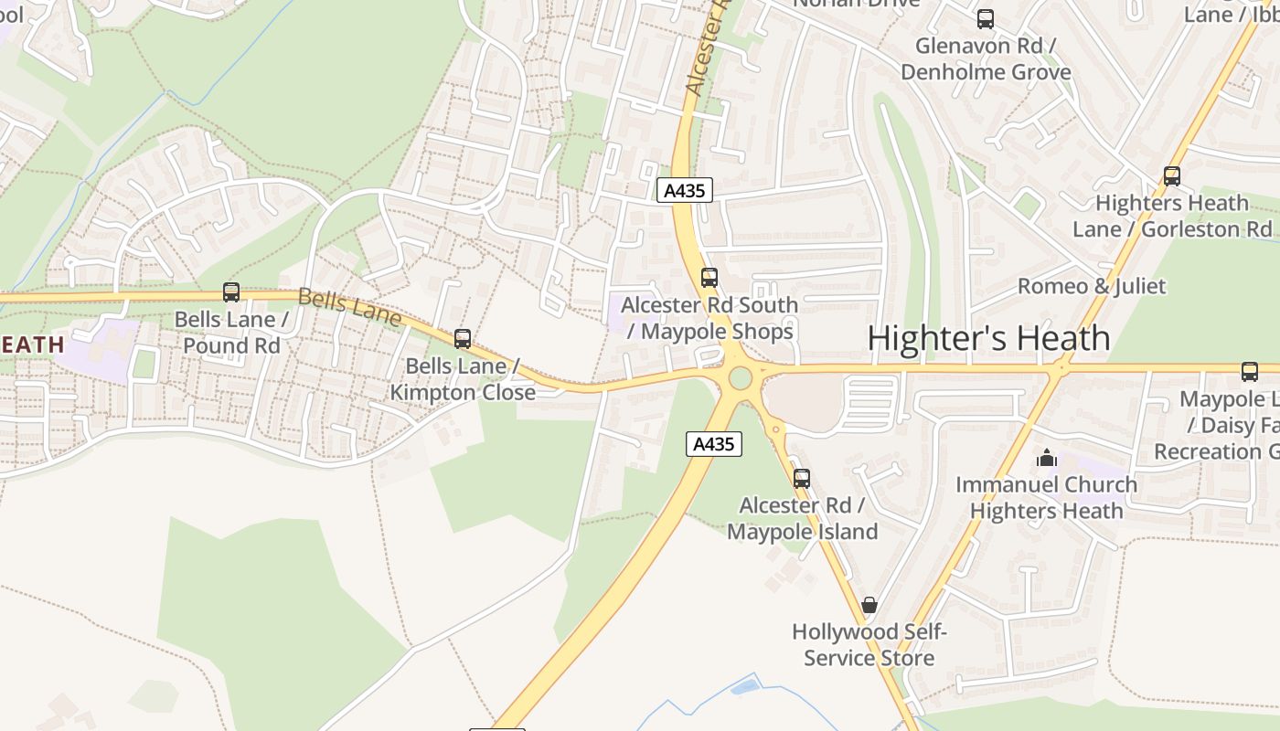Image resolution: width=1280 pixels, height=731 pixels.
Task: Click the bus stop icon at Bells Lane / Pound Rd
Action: click(x=231, y=292)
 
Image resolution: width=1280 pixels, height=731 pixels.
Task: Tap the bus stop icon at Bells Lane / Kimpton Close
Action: click(x=463, y=339)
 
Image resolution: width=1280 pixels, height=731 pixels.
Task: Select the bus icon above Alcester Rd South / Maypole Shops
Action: click(x=709, y=278)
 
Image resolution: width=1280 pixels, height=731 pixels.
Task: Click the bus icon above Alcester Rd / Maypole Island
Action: click(x=802, y=478)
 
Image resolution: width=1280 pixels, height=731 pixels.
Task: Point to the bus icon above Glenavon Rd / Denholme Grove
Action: click(x=986, y=19)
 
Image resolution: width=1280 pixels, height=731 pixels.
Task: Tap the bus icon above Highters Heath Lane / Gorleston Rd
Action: click(x=1172, y=176)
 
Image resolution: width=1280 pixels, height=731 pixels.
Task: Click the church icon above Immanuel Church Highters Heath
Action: click(x=1047, y=458)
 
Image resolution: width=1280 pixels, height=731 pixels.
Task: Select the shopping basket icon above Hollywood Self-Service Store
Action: click(x=869, y=605)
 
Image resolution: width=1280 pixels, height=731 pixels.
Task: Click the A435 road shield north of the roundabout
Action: click(x=684, y=190)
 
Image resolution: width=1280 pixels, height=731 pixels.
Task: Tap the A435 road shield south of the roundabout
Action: click(x=713, y=444)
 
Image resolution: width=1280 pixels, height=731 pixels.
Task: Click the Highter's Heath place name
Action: click(x=988, y=338)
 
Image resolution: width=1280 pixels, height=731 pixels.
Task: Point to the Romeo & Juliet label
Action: click(x=1092, y=286)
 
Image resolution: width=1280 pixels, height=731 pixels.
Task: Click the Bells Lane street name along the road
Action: click(x=349, y=306)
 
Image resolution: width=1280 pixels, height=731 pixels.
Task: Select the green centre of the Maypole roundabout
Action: click(x=741, y=377)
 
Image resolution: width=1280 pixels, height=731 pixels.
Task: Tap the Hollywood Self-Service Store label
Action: click(x=869, y=645)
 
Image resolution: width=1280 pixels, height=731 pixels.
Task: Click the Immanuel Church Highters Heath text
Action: click(x=1047, y=498)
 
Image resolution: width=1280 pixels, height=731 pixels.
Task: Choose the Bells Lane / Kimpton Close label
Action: click(x=463, y=379)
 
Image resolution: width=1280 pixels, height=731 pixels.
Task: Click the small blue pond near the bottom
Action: click(x=744, y=685)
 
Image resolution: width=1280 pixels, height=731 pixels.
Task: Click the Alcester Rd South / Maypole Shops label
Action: click(x=709, y=318)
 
